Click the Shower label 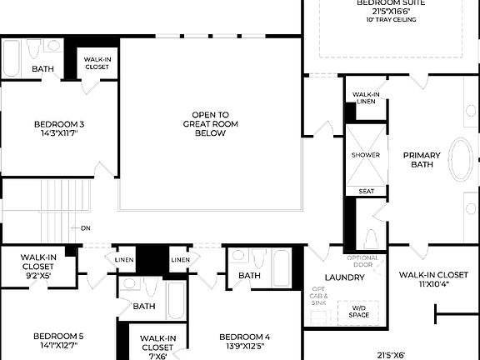pyautogui.click(x=365, y=155)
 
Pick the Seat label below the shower pyautogui.click(x=366, y=191)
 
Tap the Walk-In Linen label pyautogui.click(x=366, y=98)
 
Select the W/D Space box pyautogui.click(x=358, y=312)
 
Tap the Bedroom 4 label pyautogui.click(x=244, y=342)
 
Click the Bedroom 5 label pyautogui.click(x=58, y=340)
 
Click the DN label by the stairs pyautogui.click(x=85, y=227)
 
